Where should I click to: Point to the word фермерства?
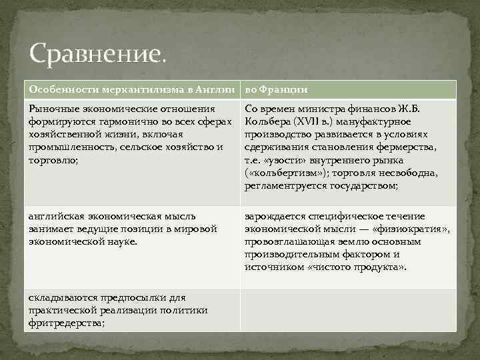[x=409, y=147]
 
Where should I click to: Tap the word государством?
[x=363, y=185]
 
